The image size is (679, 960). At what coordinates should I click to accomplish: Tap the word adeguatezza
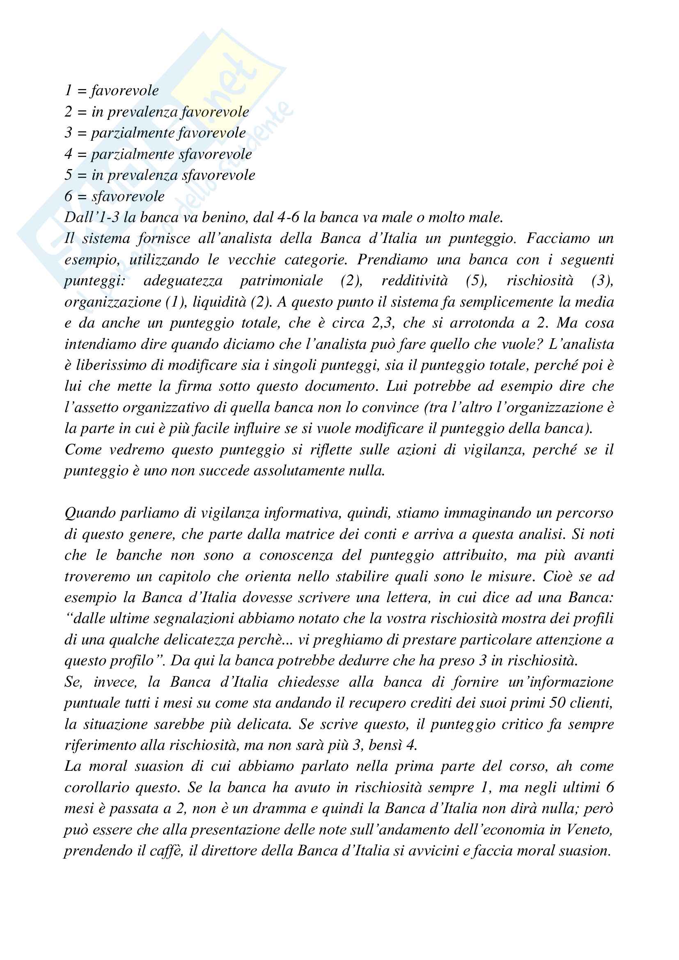click(x=183, y=281)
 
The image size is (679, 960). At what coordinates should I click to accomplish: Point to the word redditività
click(x=414, y=281)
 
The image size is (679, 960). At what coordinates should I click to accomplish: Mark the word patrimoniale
click(x=281, y=281)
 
